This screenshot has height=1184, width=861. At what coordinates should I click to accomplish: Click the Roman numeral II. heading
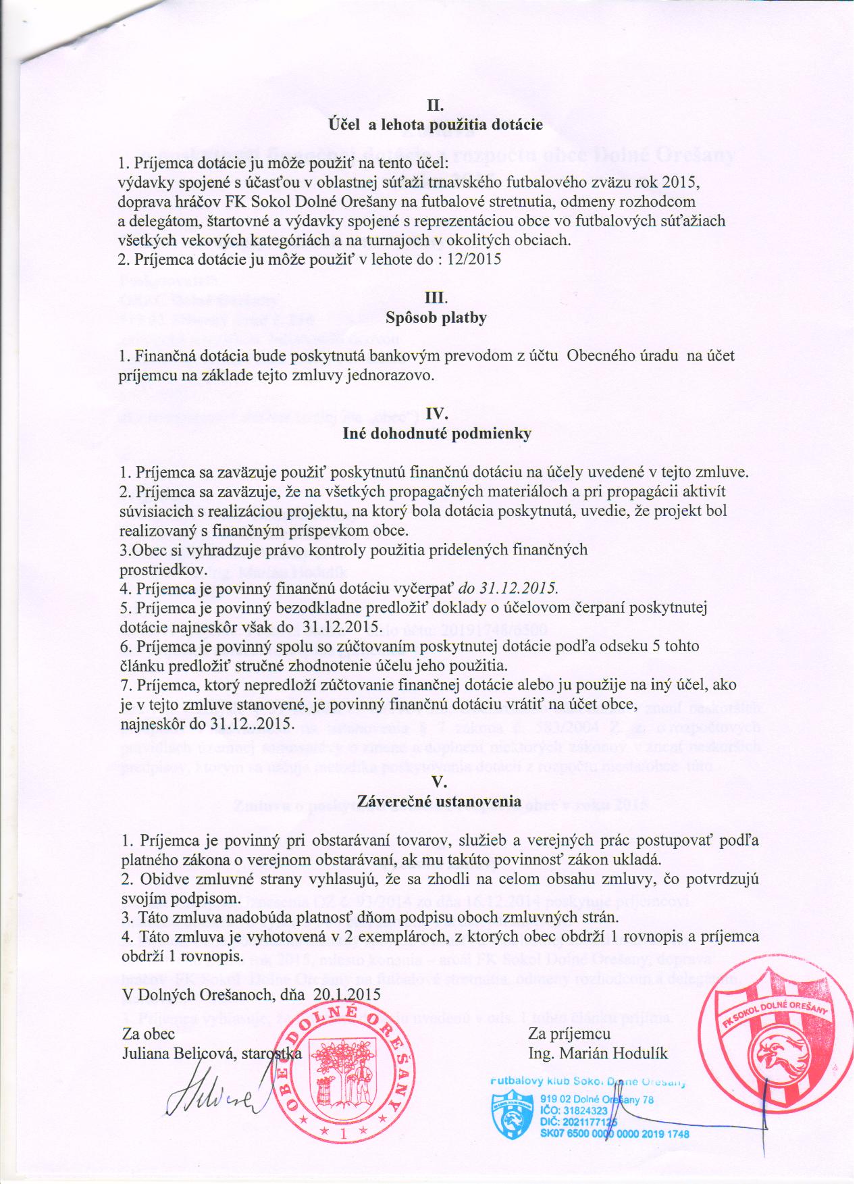pyautogui.click(x=435, y=106)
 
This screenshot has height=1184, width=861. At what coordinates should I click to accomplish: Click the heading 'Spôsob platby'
pyautogui.click(x=436, y=317)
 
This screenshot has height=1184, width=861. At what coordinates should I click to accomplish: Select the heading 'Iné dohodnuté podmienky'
pyautogui.click(x=436, y=434)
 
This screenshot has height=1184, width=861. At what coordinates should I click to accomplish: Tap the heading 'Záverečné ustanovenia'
pyautogui.click(x=436, y=802)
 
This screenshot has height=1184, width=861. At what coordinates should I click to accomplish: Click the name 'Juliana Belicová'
pyautogui.click(x=176, y=1053)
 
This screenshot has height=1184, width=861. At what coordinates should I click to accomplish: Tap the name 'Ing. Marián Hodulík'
pyautogui.click(x=589, y=1053)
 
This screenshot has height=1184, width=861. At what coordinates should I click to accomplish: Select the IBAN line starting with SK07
pyautogui.click(x=615, y=1134)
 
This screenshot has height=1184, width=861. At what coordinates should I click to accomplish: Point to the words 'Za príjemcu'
pyautogui.click(x=570, y=1034)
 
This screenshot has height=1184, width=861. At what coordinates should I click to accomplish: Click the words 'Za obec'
pyautogui.click(x=149, y=1034)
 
